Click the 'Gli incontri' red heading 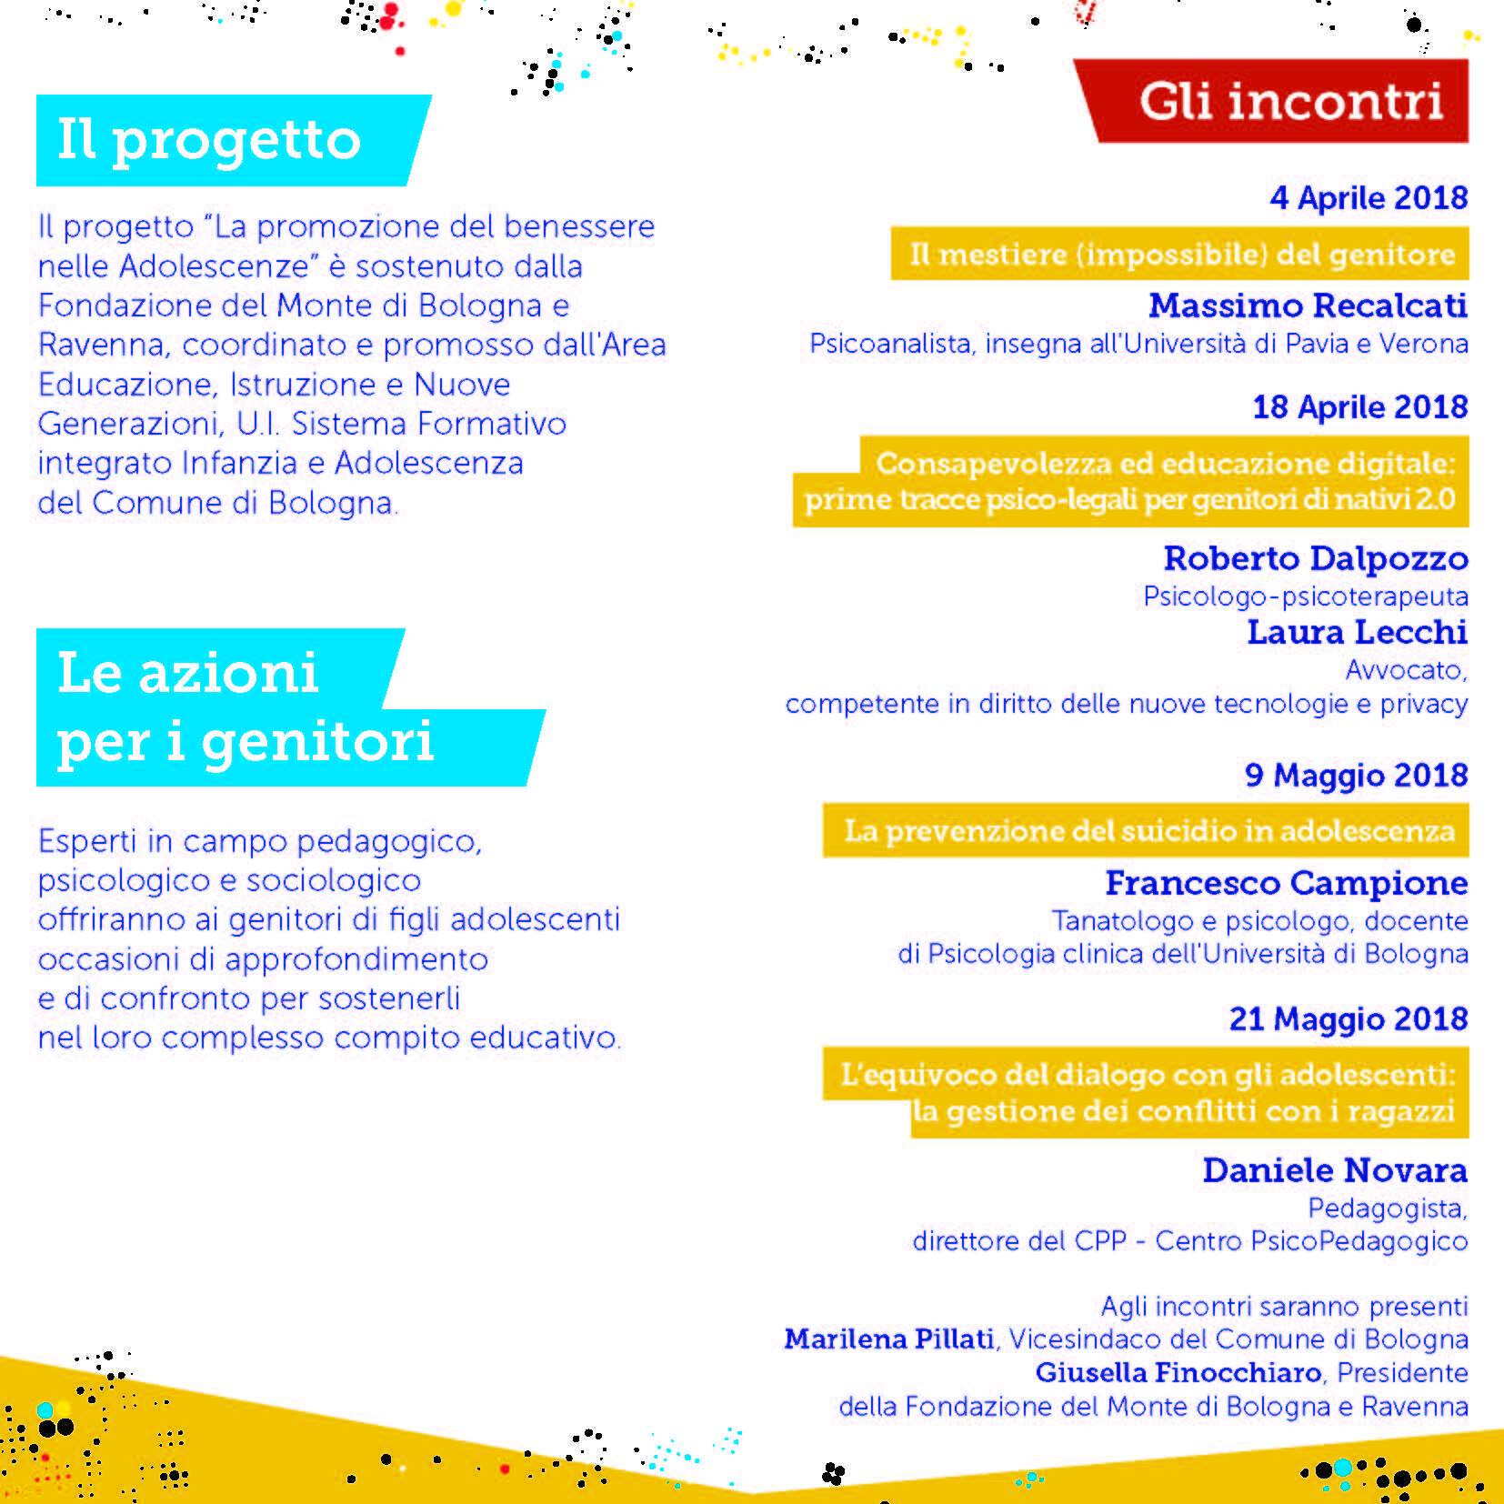[x=1291, y=101]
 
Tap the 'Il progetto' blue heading [x=209, y=141]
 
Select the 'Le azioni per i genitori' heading [x=246, y=707]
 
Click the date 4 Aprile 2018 [x=1369, y=198]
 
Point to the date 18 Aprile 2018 [x=1359, y=406]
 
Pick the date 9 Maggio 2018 [x=1356, y=775]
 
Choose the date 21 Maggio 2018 [x=1349, y=1019]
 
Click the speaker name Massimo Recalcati [x=1308, y=306]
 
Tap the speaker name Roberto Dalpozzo [x=1316, y=557]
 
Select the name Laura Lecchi [x=1357, y=632]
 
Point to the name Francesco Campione [x=1286, y=882]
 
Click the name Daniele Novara [x=1335, y=1170]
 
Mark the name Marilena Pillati [x=888, y=1339]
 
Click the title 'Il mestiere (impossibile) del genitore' [x=1182, y=255]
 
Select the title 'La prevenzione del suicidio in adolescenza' [x=1149, y=830]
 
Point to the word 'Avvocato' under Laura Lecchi [x=1406, y=670]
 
